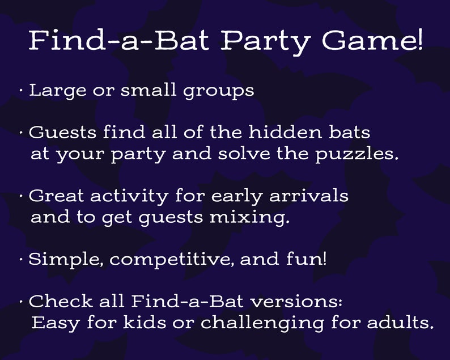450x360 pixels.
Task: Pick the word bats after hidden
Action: (350, 133)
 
